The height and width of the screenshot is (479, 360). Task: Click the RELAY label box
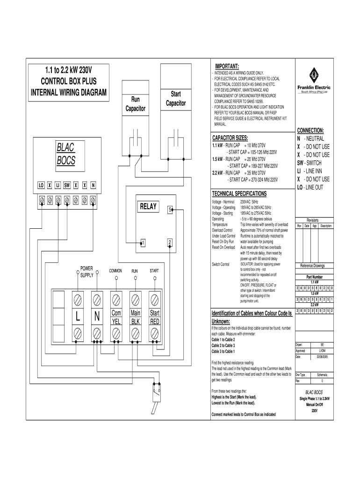tap(149, 207)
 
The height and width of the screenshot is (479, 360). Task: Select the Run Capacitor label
tap(135, 104)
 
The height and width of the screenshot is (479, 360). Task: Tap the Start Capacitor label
tap(175, 99)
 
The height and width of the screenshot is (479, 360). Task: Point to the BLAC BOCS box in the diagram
tap(66, 154)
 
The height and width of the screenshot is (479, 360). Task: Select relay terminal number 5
tap(171, 210)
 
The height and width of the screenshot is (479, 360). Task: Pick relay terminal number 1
tap(143, 242)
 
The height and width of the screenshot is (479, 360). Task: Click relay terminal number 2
tap(170, 242)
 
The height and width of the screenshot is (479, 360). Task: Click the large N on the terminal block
tap(97, 317)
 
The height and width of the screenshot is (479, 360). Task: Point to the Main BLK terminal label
tap(136, 317)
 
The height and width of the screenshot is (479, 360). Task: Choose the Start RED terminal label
tap(154, 317)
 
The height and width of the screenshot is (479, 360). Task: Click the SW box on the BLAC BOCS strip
tap(67, 185)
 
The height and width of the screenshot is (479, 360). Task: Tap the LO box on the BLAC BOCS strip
tap(41, 185)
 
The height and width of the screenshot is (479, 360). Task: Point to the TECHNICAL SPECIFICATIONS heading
tap(239, 193)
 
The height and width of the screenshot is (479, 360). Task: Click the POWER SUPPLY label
tap(86, 272)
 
